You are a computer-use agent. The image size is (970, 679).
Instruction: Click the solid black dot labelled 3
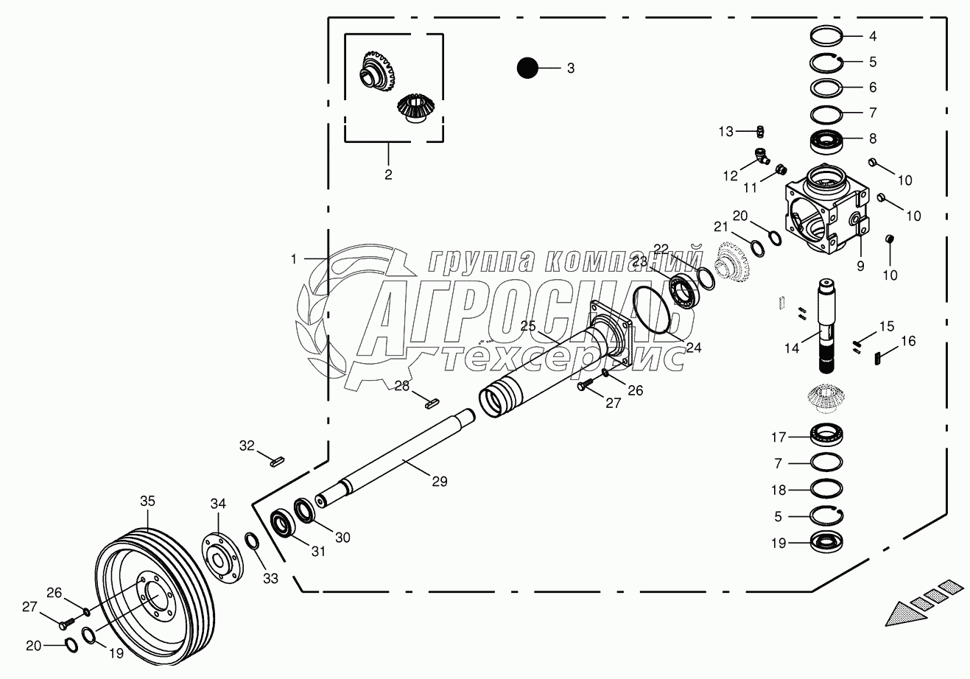[x=527, y=68]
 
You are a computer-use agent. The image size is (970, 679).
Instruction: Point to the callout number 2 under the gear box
[x=388, y=175]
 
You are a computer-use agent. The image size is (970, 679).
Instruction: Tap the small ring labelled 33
[x=250, y=543]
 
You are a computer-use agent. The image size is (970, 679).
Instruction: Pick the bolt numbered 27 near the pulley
[x=64, y=622]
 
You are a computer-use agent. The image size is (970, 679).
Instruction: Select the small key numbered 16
[x=877, y=359]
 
